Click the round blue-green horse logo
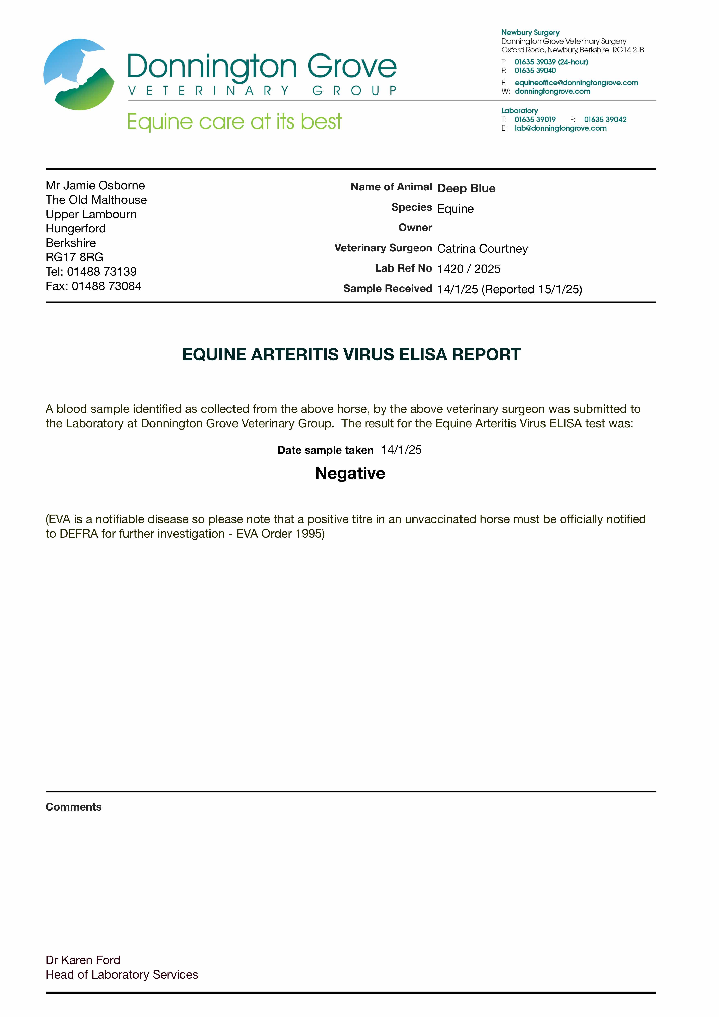pyautogui.click(x=79, y=74)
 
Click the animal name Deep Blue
pyautogui.click(x=466, y=188)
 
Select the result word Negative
pyautogui.click(x=350, y=473)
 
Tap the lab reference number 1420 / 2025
pyautogui.click(x=469, y=269)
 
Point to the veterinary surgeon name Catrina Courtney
pyautogui.click(x=482, y=249)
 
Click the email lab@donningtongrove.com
pyautogui.click(x=560, y=129)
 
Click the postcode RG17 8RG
pyautogui.click(x=74, y=257)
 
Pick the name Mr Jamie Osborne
pyautogui.click(x=95, y=185)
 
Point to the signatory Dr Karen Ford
pyautogui.click(x=83, y=960)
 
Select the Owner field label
pyautogui.click(x=415, y=228)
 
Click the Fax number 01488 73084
pyautogui.click(x=106, y=286)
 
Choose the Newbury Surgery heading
pyautogui.click(x=530, y=32)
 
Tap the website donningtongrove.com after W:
pyautogui.click(x=552, y=91)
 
